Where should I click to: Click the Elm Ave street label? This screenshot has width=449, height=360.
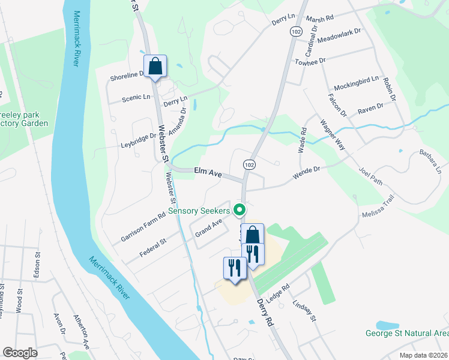tap(208, 172)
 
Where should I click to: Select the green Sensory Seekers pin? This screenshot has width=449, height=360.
tap(240, 210)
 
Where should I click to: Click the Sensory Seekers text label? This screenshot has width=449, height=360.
tap(199, 211)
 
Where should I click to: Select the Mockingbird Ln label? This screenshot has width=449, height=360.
tap(357, 79)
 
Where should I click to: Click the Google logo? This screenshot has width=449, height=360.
tap(20, 352)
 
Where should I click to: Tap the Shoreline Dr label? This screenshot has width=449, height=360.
tap(128, 76)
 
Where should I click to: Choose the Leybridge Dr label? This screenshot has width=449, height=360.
tap(138, 138)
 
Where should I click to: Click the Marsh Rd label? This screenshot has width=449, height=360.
tap(320, 19)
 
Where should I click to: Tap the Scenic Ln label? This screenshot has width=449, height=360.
tap(136, 97)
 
